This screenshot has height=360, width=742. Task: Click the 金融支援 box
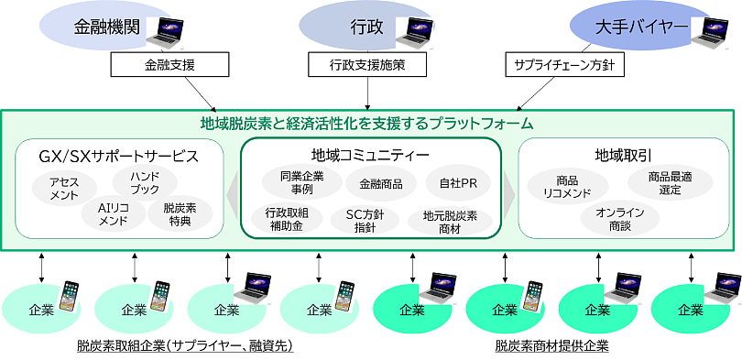pos(169,65)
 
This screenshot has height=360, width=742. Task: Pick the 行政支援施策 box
pos(367,65)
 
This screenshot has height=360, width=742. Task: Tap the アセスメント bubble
pos(64,188)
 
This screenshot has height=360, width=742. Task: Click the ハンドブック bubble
pos(145,182)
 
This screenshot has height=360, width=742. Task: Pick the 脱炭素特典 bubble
pos(180,214)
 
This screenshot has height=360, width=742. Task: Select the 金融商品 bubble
pos(380,183)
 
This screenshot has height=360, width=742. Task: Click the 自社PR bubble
pos(457,183)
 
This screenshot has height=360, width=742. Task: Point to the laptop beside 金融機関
pos(169,33)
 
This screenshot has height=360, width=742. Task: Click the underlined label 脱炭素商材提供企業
pos(551,347)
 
